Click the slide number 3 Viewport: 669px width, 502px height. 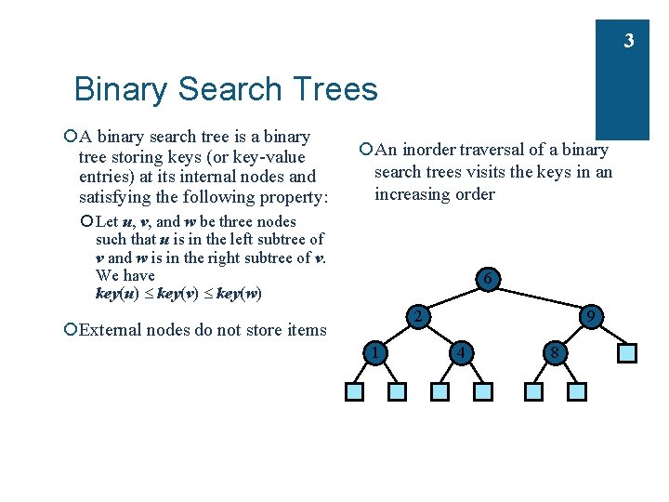(x=629, y=41)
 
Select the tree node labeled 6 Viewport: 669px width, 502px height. (x=488, y=278)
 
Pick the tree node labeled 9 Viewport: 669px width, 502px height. (x=590, y=317)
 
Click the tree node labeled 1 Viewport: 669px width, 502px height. (x=374, y=352)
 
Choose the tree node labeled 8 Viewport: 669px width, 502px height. (x=555, y=352)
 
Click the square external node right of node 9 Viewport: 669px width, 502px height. (x=627, y=353)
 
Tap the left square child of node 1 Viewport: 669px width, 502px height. (x=353, y=392)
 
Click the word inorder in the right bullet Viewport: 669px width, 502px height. (x=431, y=150)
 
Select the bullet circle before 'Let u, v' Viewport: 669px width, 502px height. (x=86, y=221)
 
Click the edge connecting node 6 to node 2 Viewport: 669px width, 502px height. (x=454, y=297)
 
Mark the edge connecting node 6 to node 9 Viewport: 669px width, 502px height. (x=538, y=297)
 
